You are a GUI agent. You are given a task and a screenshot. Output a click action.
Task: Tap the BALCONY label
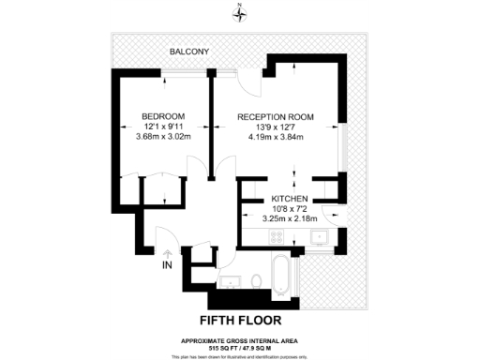(x=188, y=52)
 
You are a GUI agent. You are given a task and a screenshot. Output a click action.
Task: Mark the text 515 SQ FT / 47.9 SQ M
(x=240, y=346)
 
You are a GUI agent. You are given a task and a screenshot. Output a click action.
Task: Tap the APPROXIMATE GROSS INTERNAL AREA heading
(x=240, y=339)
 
